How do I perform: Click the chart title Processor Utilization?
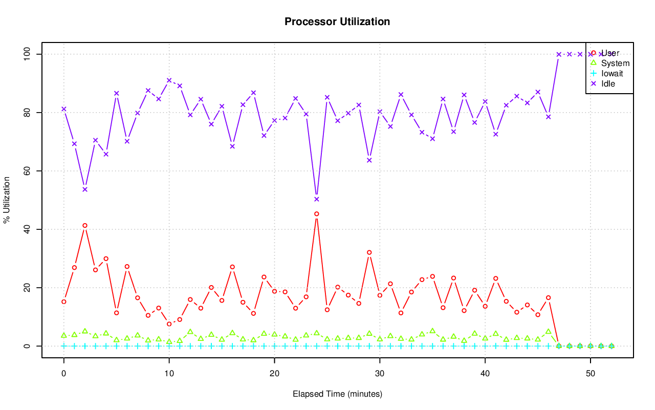pyautogui.click(x=337, y=21)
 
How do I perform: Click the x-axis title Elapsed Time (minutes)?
pyautogui.click(x=337, y=394)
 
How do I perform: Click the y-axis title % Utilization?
pyautogui.click(x=7, y=200)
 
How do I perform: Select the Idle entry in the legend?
pyautogui.click(x=608, y=83)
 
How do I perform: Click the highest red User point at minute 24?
pyautogui.click(x=317, y=214)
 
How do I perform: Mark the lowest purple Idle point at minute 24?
pyautogui.click(x=317, y=199)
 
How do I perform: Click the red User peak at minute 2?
pyautogui.click(x=85, y=225)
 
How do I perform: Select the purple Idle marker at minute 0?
pyautogui.click(x=64, y=109)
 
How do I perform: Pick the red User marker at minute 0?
pyautogui.click(x=64, y=301)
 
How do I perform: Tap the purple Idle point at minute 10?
pyautogui.click(x=169, y=80)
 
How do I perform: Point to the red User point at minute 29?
pyautogui.click(x=369, y=252)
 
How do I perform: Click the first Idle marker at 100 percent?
pyautogui.click(x=559, y=54)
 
